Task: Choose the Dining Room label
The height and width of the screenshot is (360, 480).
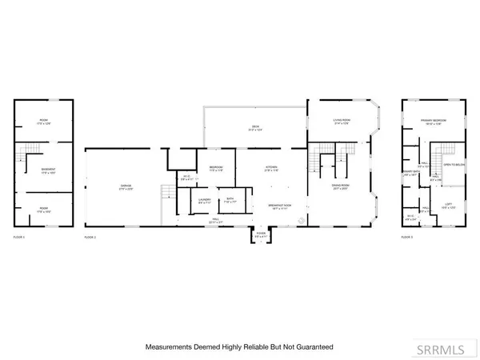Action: coord(342,186)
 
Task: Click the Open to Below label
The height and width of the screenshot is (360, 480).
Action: coord(454,165)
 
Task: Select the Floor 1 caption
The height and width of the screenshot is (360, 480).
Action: coord(21,238)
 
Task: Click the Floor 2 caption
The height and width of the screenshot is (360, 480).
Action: coord(90,238)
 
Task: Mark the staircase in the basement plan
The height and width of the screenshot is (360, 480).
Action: coord(31,150)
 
